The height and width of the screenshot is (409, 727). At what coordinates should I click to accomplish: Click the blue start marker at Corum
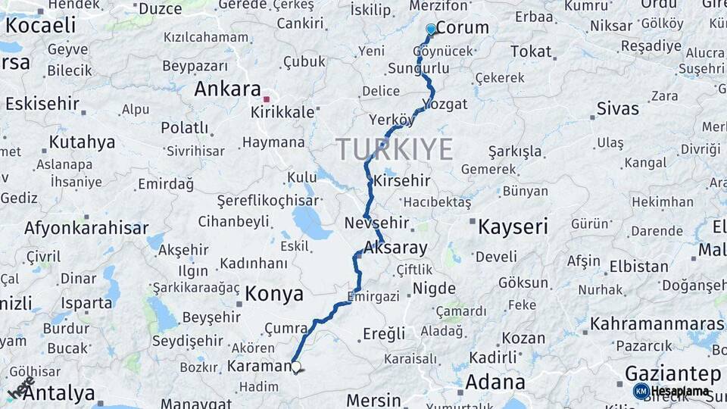click(x=431, y=30)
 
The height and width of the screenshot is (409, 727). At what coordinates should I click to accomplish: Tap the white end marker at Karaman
click(x=296, y=367)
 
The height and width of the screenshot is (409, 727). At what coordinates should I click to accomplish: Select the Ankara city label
click(x=227, y=89)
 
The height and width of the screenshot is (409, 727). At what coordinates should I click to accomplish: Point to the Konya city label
click(x=273, y=294)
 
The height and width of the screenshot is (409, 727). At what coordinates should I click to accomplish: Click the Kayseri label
click(x=513, y=226)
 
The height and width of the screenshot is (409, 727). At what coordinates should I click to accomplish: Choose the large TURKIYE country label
click(x=395, y=149)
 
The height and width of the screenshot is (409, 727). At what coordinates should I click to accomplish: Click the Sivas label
click(x=618, y=108)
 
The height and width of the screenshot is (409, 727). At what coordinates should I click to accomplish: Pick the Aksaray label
click(x=395, y=248)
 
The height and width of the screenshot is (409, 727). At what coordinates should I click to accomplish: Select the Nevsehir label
click(x=376, y=223)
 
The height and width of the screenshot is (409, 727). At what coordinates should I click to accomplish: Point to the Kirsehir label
click(x=401, y=181)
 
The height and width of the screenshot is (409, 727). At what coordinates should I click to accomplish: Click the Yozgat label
click(x=445, y=105)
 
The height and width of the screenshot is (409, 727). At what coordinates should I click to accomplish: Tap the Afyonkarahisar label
click(x=86, y=227)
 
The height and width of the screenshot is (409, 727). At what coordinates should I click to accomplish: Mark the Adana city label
click(x=495, y=382)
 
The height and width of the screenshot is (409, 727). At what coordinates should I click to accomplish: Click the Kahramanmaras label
click(x=657, y=324)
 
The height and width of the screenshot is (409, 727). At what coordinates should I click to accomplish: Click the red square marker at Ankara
click(x=266, y=99)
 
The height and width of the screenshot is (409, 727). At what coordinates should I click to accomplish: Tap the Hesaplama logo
click(x=672, y=392)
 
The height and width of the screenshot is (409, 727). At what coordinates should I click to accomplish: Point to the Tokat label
click(x=531, y=52)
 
